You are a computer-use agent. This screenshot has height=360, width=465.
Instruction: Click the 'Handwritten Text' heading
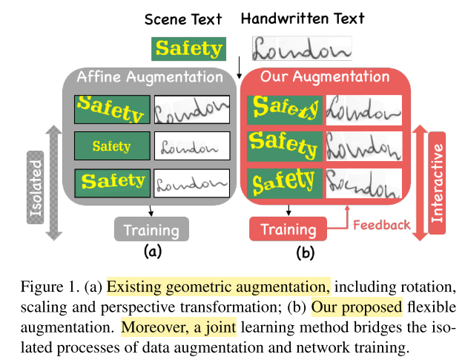pos(303,18)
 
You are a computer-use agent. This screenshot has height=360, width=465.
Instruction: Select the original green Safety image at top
pos(188,49)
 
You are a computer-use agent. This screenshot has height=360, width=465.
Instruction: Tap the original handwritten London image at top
pos(302,49)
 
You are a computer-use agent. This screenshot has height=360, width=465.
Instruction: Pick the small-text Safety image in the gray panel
pos(112,146)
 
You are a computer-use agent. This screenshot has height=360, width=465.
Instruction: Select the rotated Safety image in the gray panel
pos(112,110)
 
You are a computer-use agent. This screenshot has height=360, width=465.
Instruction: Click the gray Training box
pos(151,229)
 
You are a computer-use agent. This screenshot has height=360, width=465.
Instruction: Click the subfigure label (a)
pos(152,252)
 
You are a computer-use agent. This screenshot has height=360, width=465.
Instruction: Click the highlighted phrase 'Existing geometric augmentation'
pos(217,287)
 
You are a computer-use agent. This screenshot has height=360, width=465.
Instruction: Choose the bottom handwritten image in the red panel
pos(363,183)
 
